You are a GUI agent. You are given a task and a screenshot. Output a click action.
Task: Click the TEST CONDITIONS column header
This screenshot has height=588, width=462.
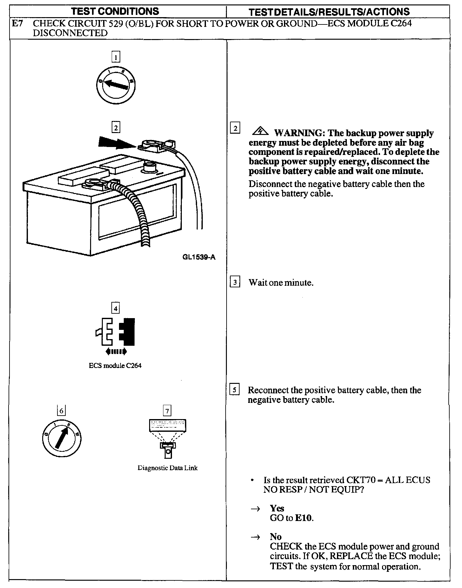115,11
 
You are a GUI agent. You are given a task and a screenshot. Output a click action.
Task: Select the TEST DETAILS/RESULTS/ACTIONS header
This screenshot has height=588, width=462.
329,12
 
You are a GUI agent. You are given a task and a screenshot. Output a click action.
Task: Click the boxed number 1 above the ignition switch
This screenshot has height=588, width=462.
116,57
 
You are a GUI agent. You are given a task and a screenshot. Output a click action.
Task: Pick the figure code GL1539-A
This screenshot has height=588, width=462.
199,257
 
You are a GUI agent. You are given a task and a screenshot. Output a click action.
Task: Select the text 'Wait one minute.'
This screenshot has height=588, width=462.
281,283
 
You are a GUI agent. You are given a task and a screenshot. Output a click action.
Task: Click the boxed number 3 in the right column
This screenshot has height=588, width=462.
235,282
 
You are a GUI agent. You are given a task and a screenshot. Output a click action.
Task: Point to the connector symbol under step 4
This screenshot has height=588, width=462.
115,332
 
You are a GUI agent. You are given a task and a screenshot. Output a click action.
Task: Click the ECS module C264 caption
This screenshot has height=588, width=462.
115,365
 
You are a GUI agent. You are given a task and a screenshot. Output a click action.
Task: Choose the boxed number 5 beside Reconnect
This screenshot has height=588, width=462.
234,390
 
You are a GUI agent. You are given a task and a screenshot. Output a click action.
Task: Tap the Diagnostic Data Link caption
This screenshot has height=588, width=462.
168,468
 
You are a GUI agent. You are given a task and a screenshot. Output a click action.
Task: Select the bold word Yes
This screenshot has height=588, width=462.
277,508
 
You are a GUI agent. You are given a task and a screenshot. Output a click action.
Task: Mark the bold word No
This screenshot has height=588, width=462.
276,537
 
